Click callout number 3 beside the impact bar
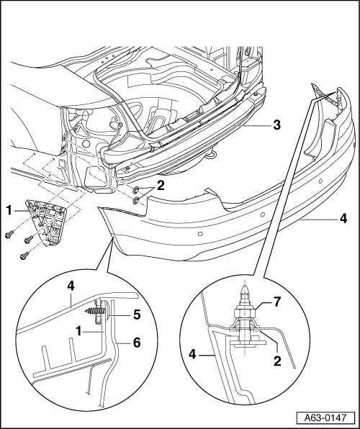pos(276,125)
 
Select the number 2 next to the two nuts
pos(161,186)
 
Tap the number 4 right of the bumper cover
pos(343,219)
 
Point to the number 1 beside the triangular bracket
pos(9,211)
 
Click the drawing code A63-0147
pos(325,418)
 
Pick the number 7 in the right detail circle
pos(277,302)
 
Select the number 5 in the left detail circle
pos(137,315)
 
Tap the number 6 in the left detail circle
pos(136,343)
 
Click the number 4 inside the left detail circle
pos(71,286)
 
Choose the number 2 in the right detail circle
pos(277,361)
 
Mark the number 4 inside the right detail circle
pos(192,355)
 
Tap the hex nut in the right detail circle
pos(245,312)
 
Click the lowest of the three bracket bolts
pos(24,256)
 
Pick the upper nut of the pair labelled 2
pos(135,190)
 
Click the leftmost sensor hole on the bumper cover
pos(200,234)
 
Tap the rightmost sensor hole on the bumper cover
pos(321,181)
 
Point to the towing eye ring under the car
pos(212,156)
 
